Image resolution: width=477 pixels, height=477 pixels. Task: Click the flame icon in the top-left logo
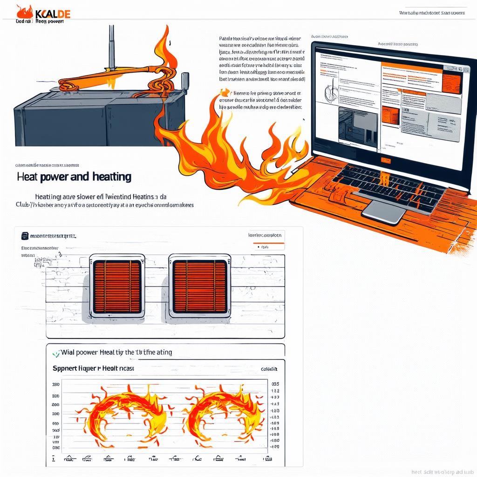(x=23, y=12)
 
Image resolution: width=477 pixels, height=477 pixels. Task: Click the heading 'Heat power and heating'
(x=74, y=177)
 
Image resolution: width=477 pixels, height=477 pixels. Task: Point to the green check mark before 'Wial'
(x=56, y=353)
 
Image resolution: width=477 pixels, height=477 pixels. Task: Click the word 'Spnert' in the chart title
(x=66, y=368)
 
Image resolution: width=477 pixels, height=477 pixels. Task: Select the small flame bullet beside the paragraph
(x=226, y=92)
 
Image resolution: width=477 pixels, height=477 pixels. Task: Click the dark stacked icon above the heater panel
(x=25, y=237)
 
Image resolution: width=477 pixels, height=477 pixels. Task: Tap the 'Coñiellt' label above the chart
(x=269, y=369)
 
